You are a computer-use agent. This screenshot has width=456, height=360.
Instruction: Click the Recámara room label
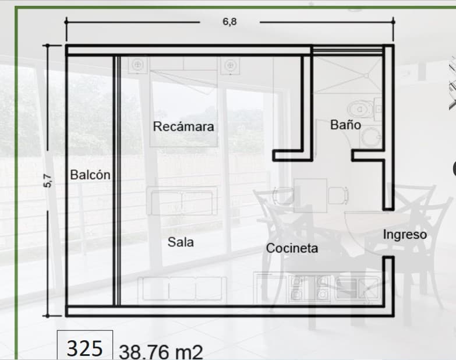(183, 126)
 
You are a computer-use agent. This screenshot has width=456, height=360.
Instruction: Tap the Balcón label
(90, 174)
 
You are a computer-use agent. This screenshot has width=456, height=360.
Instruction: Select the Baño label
(345, 125)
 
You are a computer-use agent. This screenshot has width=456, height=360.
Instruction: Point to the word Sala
(181, 242)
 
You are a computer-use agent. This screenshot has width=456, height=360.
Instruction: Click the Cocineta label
(292, 248)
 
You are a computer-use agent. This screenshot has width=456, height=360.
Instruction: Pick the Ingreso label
(405, 234)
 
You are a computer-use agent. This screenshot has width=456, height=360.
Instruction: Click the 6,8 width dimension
(230, 22)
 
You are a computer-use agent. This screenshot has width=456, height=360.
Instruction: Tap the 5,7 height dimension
(49, 181)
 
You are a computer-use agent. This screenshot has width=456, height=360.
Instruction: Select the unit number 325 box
(85, 348)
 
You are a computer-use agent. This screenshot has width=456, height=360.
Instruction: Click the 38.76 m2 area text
(161, 352)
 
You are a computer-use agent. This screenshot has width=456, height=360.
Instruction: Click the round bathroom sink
(369, 137)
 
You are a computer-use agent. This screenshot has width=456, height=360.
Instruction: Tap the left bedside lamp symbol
(137, 65)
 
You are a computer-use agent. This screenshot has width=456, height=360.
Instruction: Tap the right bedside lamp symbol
(229, 65)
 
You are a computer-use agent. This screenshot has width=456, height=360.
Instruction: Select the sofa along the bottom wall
(182, 288)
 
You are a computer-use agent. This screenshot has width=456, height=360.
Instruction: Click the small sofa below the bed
(182, 202)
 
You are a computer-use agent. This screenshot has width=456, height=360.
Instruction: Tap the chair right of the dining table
(337, 195)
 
